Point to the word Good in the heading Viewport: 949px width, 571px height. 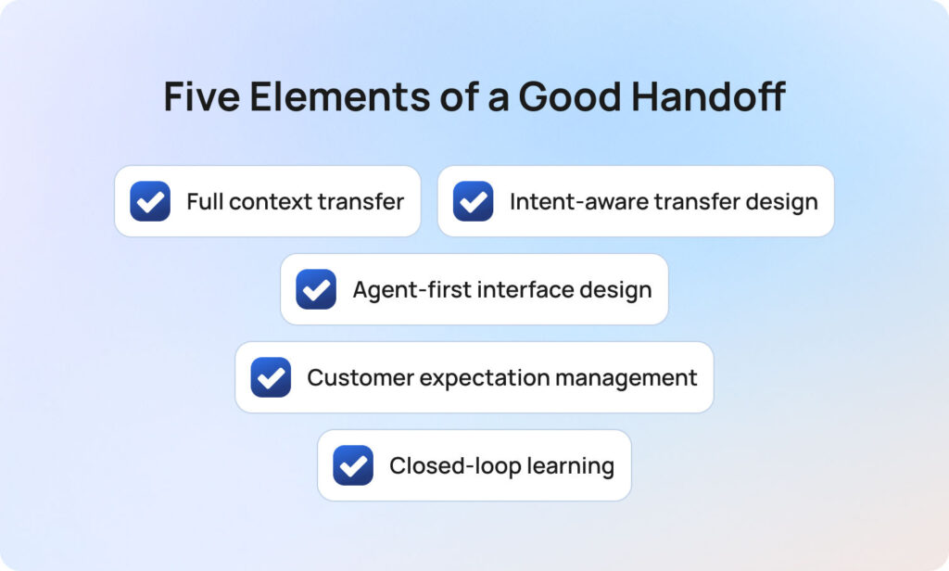coord(558,97)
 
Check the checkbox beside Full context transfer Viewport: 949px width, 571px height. coord(150,201)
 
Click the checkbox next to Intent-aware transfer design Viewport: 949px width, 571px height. coord(473,201)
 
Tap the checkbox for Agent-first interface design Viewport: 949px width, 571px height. coord(316,289)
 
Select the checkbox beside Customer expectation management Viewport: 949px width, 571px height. coord(271,377)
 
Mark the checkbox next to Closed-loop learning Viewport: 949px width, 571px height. coord(353,465)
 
